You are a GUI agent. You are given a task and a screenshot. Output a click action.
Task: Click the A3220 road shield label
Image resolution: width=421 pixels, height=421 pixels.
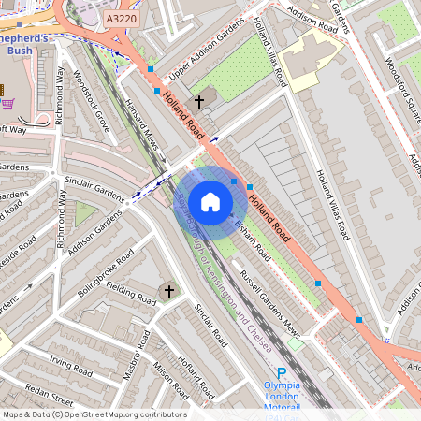[121, 18]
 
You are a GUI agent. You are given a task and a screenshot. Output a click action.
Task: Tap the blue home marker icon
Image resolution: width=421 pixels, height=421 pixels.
[210, 202]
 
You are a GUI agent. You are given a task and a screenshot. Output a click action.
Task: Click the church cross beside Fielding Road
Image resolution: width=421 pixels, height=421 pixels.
[169, 293]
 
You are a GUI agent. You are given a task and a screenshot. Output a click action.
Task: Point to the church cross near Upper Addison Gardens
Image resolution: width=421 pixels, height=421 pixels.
[198, 100]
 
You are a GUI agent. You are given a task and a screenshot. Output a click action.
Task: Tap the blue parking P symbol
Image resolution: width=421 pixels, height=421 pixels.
[281, 372]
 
